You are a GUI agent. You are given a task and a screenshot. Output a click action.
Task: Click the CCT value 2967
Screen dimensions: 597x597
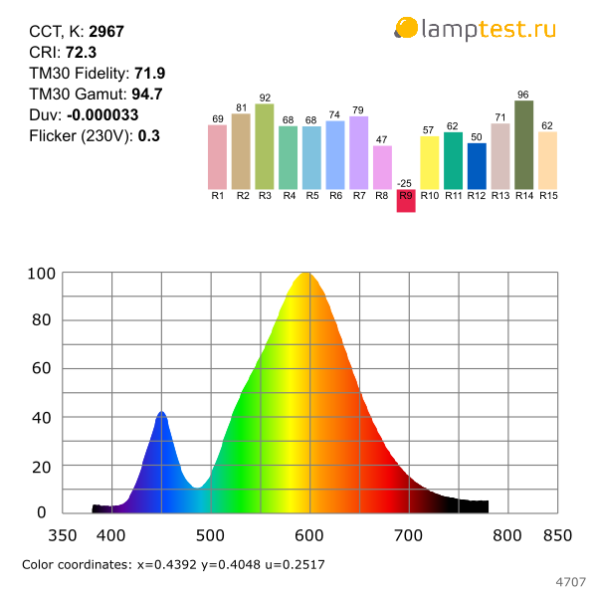[x=106, y=32]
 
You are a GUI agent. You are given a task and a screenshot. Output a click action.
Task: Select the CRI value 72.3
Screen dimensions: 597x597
[x=82, y=53]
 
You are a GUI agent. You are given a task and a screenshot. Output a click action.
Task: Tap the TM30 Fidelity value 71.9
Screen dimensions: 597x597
[x=149, y=74]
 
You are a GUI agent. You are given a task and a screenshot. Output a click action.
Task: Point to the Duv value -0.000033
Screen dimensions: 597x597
[x=102, y=115]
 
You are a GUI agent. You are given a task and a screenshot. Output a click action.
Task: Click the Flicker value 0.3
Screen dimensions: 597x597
[x=149, y=136]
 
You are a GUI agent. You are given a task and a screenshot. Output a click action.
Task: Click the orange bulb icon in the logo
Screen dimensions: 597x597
[x=406, y=28]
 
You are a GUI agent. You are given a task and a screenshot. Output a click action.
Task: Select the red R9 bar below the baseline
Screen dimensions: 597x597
[x=406, y=201]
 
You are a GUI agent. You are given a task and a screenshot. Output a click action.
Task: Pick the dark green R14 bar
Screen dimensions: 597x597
[x=524, y=145]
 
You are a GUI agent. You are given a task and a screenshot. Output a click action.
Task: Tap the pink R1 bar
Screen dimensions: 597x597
[x=217, y=157]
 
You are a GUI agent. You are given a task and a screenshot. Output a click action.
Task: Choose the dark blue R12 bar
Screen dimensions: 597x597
[x=477, y=166]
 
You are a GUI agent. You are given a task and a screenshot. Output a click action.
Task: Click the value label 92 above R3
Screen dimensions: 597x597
[x=265, y=98]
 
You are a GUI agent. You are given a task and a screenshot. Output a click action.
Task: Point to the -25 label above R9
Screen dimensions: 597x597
[x=404, y=183]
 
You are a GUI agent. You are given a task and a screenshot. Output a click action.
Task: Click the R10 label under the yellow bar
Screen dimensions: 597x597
[x=430, y=196]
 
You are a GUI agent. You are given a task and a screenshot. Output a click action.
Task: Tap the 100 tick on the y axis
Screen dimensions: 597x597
[x=42, y=274]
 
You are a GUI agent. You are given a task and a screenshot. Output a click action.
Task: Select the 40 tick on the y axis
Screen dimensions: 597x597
[x=42, y=418]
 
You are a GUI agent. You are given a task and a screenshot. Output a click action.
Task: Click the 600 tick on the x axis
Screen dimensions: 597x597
[x=309, y=535]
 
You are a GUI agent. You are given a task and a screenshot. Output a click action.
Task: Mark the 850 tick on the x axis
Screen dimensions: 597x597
[x=558, y=535]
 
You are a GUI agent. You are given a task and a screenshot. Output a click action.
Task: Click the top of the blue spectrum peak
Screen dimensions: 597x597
[x=162, y=412]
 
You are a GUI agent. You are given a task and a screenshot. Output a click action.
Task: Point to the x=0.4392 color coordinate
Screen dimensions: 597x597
[x=167, y=564]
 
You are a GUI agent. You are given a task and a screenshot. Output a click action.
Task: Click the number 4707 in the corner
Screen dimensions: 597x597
[x=570, y=582]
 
